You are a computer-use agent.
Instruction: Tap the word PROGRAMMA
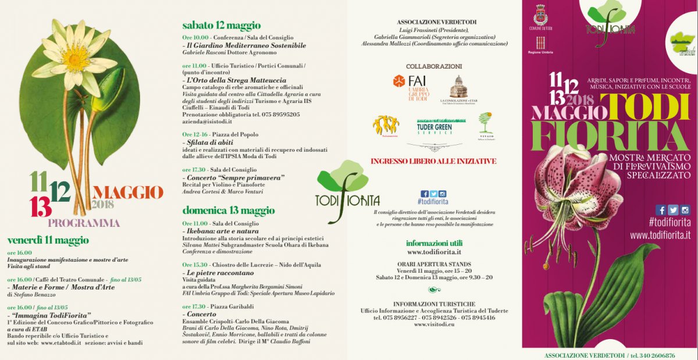[x=84, y=223]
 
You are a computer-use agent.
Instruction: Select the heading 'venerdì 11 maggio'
[x=48, y=240]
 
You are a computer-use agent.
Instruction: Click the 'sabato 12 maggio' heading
[x=221, y=26]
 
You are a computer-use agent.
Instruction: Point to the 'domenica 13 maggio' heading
[x=228, y=211]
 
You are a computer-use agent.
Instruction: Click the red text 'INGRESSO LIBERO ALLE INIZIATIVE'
[x=433, y=161]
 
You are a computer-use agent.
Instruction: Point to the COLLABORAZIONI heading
[x=434, y=66]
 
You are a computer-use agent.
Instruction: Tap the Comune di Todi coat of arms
[x=540, y=14]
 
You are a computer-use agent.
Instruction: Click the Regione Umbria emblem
[x=540, y=42]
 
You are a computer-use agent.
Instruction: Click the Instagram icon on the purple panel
[x=685, y=210]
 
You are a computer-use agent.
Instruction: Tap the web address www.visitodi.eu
[x=434, y=325]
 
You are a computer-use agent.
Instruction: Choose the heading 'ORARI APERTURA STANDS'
[x=434, y=263]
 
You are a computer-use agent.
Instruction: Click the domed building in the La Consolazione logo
[x=458, y=86]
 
